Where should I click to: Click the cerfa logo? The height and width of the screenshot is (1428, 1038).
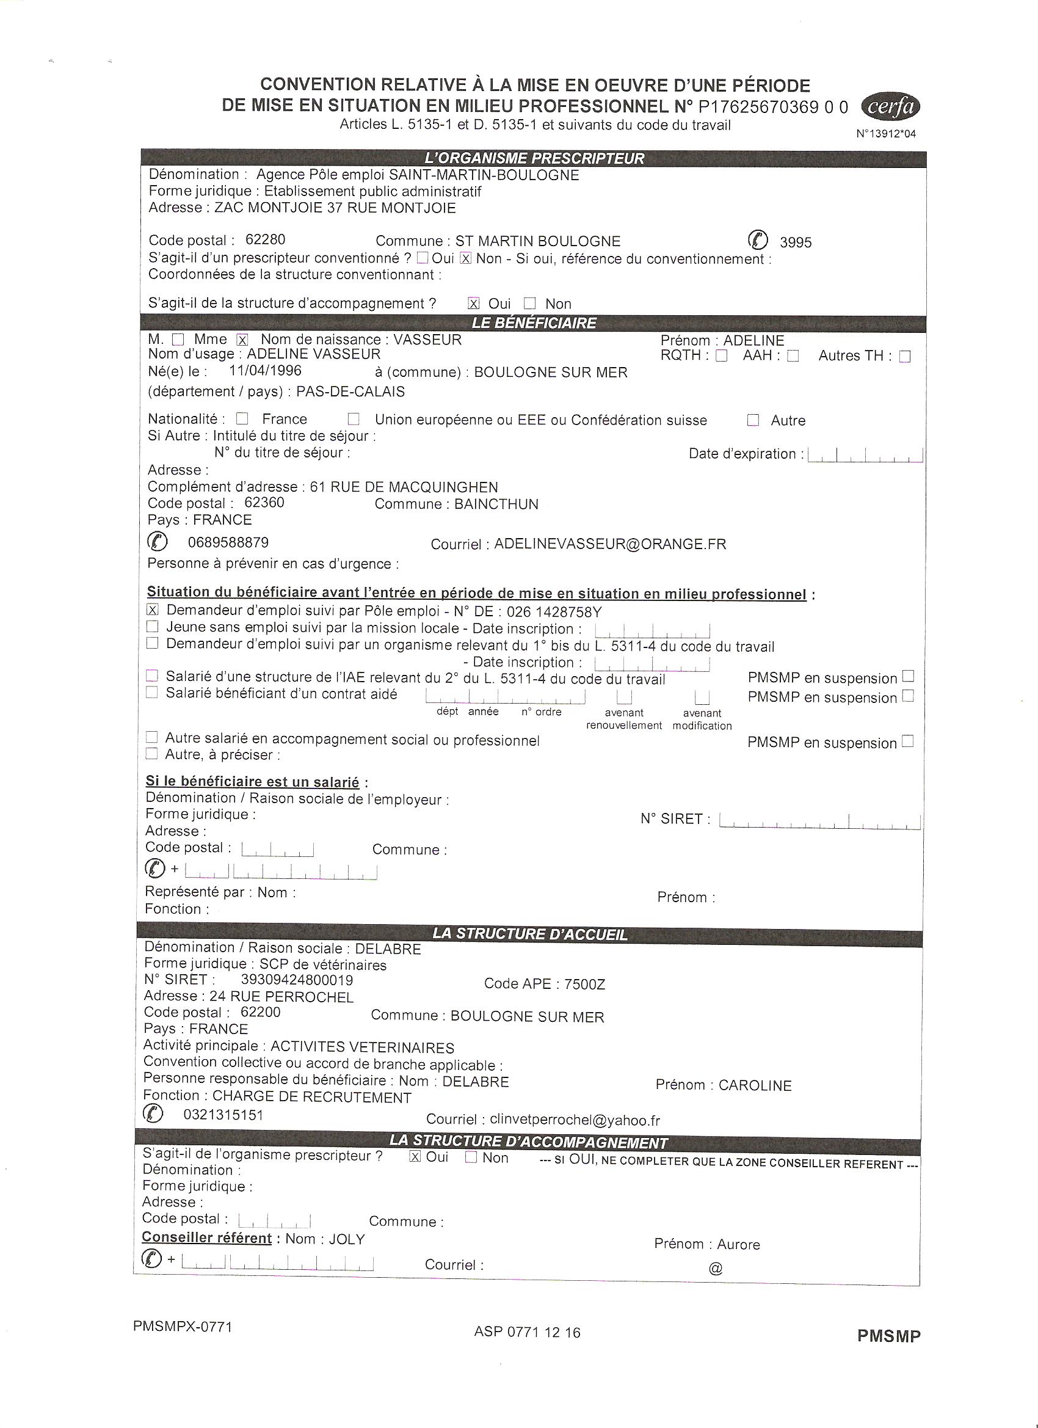[x=890, y=107]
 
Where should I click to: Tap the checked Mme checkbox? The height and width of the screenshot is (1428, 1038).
[x=242, y=340]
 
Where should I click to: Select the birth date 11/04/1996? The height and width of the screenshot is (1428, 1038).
[x=265, y=371]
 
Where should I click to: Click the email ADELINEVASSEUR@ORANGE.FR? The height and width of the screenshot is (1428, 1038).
[x=610, y=544]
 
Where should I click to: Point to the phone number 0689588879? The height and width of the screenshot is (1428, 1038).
[x=228, y=543]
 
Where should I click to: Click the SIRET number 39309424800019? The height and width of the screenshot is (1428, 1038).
[x=297, y=980]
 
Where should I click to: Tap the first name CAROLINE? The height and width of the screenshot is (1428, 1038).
[x=755, y=1085]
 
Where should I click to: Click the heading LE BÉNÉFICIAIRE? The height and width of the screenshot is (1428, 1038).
[x=534, y=324]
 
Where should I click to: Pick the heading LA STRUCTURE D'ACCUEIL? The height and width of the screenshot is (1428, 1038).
[x=529, y=934]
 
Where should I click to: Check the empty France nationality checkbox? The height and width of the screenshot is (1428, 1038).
[x=243, y=419]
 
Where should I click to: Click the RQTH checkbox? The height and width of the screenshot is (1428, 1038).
[x=721, y=356]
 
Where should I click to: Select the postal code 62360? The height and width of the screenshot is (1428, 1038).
[x=264, y=503]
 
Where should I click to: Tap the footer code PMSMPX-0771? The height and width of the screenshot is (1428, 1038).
[x=183, y=1327]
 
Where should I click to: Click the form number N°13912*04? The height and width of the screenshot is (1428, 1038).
[x=886, y=134]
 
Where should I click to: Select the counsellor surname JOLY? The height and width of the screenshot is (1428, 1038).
[x=347, y=1239]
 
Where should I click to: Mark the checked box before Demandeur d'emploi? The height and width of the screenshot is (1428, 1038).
[x=152, y=610]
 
